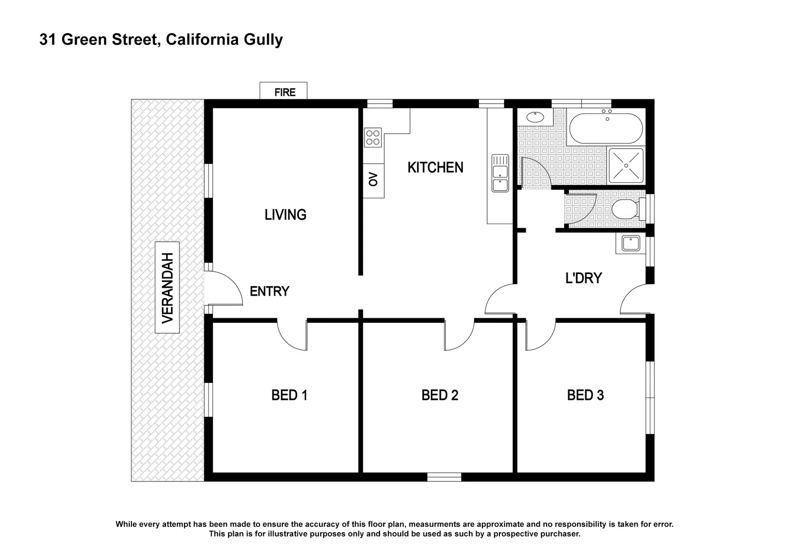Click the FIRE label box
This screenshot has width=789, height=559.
point(283,92)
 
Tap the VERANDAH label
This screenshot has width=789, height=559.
point(167,287)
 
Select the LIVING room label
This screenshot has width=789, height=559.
point(285,214)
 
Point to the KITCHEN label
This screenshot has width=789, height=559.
point(435,167)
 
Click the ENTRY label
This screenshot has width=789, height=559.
point(269,291)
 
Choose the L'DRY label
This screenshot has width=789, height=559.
point(583,278)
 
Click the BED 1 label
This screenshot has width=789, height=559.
point(289,395)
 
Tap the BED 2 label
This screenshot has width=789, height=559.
point(439,395)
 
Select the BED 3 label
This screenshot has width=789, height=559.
point(585,395)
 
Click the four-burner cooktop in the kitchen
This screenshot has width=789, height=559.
point(373,137)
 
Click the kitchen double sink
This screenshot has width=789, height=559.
point(500,173)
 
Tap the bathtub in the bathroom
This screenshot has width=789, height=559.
point(605,128)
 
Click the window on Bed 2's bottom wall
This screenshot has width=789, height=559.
point(444,477)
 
